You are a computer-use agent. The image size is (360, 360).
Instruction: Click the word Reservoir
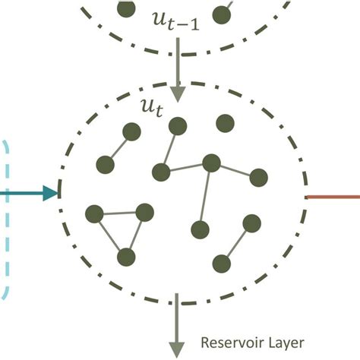coord(229,341)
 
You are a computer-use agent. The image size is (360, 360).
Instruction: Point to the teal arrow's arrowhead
coord(51,193)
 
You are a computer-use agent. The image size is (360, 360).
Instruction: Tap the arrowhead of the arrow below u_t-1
coord(178,93)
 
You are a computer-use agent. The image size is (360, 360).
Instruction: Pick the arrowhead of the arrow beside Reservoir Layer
coord(178,349)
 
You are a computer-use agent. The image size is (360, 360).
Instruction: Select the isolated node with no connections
coord(224,123)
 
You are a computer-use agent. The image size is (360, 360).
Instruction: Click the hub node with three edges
coord(211,163)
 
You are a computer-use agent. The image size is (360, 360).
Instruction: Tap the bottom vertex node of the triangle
coord(127,257)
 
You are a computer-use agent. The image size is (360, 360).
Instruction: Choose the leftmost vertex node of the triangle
coord(95,214)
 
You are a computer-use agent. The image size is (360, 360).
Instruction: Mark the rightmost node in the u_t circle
coord(259,178)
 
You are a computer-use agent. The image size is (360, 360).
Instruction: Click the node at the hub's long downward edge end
coord(201,229)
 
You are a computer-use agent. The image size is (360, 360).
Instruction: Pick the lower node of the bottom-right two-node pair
coord(222,264)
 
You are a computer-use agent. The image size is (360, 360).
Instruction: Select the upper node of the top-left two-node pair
coord(133,134)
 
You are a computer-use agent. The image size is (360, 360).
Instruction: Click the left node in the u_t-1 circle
coord(127,8)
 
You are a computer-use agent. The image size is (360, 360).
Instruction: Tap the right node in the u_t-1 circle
coord(223,14)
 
